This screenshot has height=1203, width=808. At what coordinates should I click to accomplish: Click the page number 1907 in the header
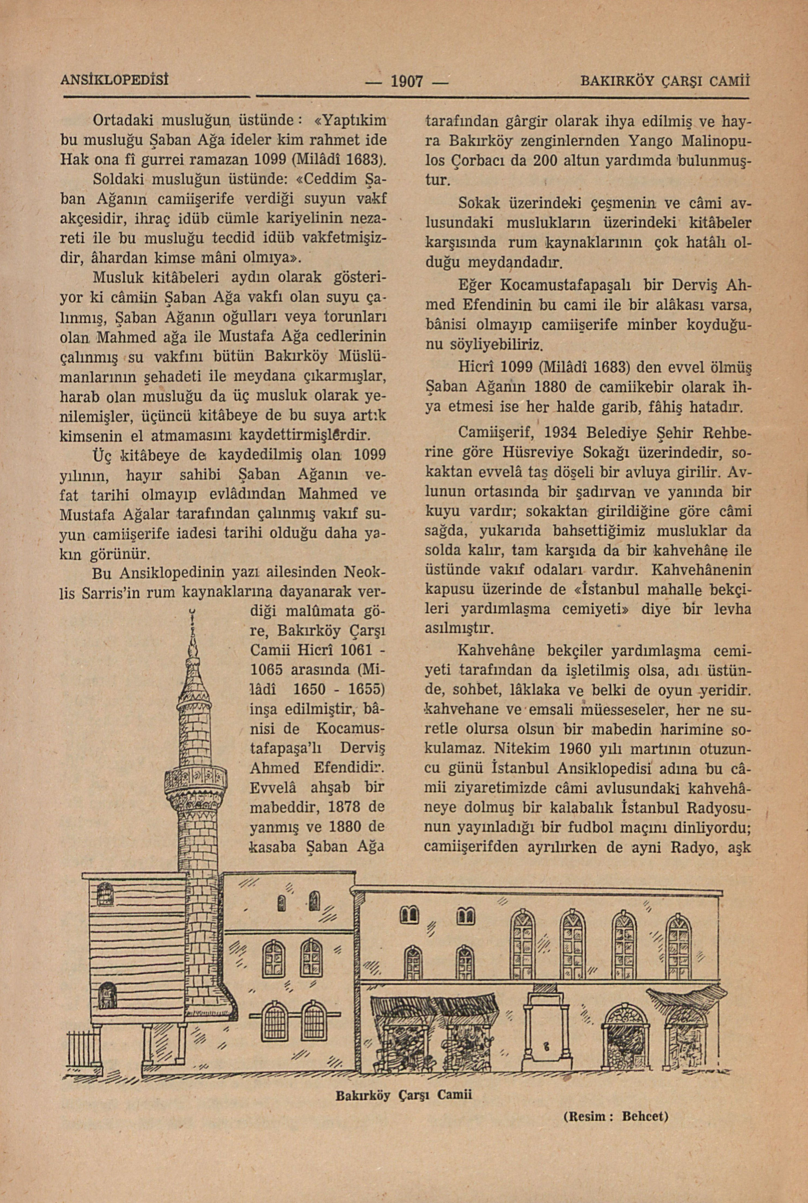[x=407, y=81]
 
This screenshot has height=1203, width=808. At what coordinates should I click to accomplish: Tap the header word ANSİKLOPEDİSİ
[x=115, y=80]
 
